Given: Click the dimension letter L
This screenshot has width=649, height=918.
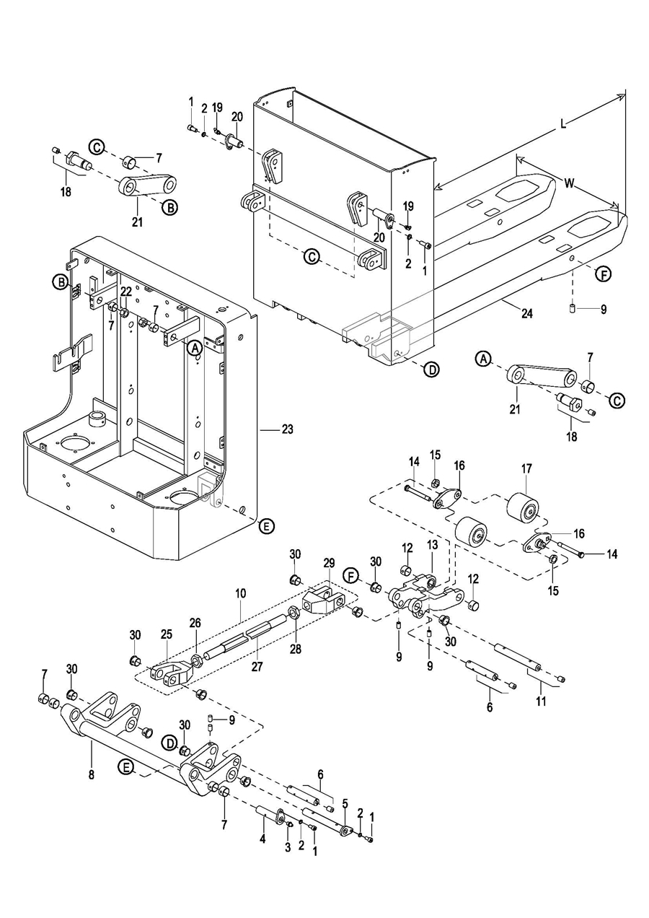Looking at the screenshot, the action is [563, 123].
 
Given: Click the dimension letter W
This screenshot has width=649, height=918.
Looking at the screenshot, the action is [569, 183].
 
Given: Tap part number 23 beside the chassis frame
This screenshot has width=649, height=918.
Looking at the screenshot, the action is [288, 429].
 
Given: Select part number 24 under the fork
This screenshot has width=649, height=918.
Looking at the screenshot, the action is [527, 313].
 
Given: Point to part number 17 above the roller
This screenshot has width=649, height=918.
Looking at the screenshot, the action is [526, 468].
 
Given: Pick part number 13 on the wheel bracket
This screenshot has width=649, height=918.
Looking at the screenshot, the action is [432, 545].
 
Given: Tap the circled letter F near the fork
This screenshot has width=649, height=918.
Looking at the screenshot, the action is [603, 274].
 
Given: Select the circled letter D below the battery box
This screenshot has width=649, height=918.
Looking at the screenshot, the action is [431, 370].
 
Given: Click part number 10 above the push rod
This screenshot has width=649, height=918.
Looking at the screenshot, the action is [240, 593].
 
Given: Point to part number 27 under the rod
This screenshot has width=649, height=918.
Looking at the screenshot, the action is [257, 667].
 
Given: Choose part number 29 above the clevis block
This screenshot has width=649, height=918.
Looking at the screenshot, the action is [328, 563].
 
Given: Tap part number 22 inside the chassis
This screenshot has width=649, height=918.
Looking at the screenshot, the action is [126, 292].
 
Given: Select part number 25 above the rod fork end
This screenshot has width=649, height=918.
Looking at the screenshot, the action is [167, 634].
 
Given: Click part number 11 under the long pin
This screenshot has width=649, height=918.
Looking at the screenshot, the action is [542, 701].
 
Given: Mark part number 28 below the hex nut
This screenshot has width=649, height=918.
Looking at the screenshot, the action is [295, 649].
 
